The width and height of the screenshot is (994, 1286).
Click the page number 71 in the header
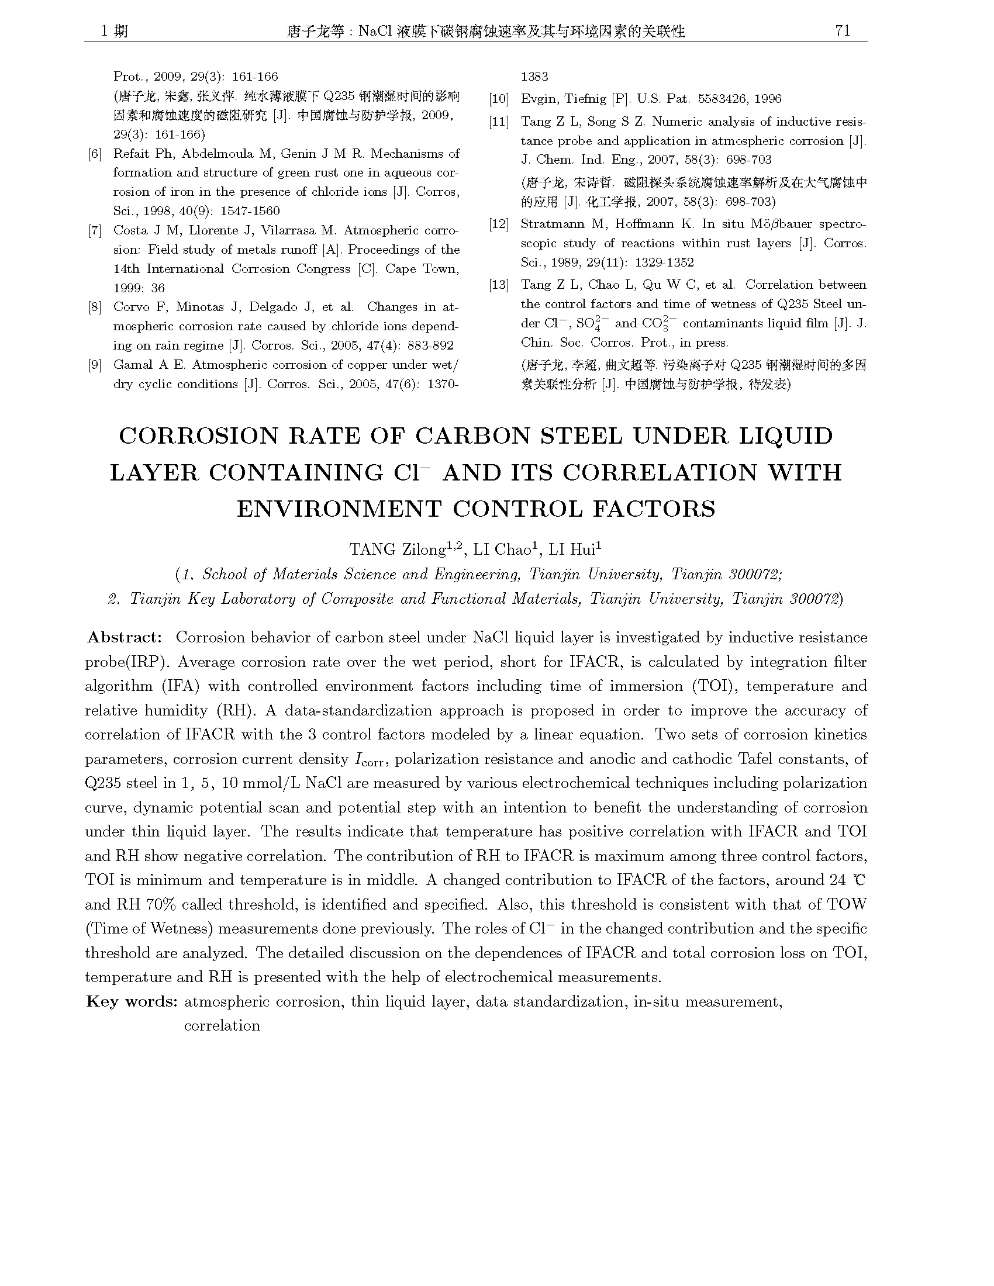tap(843, 30)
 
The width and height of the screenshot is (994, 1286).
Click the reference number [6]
tap(95, 154)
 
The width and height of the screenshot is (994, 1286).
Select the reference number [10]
tap(499, 99)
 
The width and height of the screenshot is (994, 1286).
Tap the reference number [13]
tap(499, 285)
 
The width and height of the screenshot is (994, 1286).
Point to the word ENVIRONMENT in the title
tap(339, 509)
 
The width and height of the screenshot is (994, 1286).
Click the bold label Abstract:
tap(123, 638)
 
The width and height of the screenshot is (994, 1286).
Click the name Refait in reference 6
tap(132, 154)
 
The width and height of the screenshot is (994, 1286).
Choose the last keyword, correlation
tap(222, 1026)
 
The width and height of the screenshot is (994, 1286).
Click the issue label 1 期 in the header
tap(113, 30)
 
